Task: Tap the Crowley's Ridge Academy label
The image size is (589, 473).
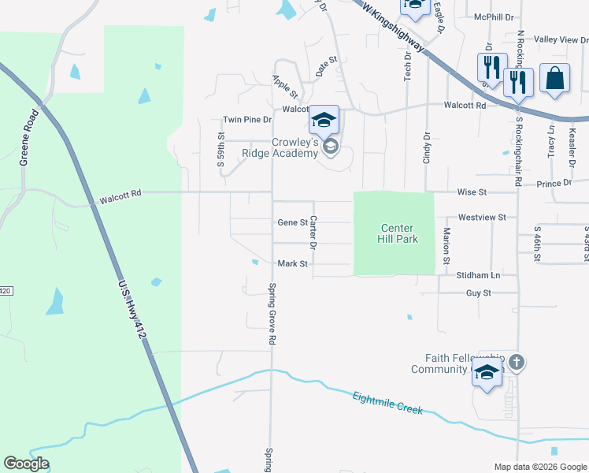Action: [x=295, y=147]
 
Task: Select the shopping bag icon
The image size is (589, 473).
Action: [x=554, y=79]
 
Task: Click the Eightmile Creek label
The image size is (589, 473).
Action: [x=387, y=404]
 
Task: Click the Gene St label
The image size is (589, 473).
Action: [x=292, y=223]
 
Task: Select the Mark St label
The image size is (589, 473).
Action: [x=292, y=264]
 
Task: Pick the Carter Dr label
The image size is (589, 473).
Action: [x=313, y=233]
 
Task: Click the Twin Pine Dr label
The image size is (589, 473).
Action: [x=247, y=120]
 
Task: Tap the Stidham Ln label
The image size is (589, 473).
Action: [x=479, y=276]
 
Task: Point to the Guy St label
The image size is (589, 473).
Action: [x=479, y=293]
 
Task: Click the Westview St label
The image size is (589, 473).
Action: [x=481, y=217]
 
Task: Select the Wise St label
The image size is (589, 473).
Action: [x=472, y=192]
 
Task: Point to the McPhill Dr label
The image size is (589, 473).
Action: [x=494, y=16]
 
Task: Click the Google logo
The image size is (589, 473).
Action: [x=26, y=464]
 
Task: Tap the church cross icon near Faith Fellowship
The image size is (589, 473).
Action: [x=516, y=363]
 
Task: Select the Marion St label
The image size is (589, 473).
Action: [x=446, y=245]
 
